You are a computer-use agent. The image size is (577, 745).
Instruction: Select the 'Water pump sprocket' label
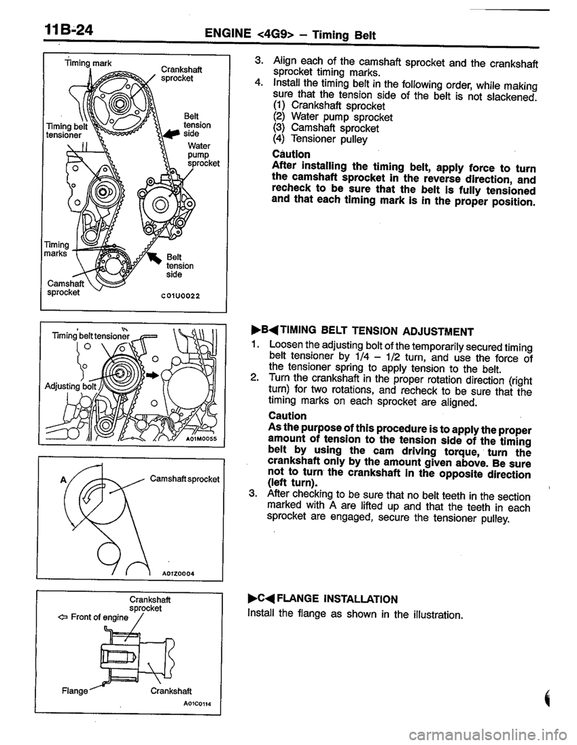click(x=203, y=153)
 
